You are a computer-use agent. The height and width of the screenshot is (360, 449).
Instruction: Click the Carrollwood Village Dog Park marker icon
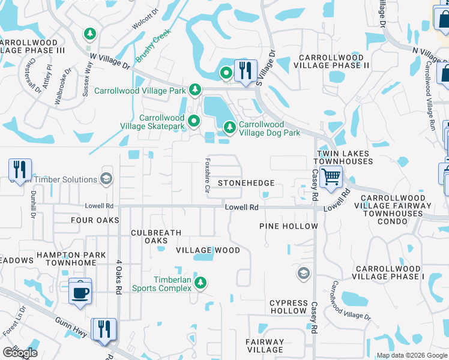[x=229, y=127]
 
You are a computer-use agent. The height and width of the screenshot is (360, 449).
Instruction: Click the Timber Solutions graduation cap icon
[x=106, y=179]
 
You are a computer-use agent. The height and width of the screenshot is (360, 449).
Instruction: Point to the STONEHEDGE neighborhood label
[x=246, y=183]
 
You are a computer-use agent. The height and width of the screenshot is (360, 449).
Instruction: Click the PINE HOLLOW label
[x=288, y=226]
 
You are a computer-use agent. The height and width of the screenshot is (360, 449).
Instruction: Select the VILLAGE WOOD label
[x=208, y=250]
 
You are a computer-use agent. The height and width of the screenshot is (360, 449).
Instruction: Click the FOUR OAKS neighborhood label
[x=95, y=220]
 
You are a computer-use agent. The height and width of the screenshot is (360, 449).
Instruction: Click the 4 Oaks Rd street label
[x=119, y=277]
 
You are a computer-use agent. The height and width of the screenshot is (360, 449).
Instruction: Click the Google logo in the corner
[x=19, y=353]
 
